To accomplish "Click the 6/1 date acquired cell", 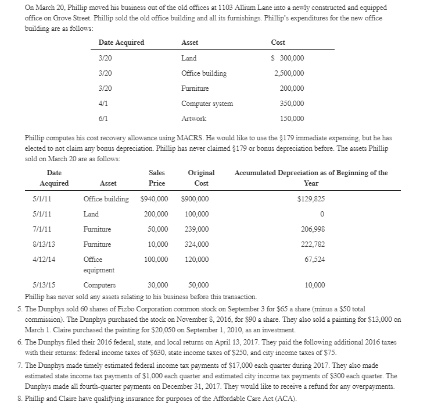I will coord(105,119).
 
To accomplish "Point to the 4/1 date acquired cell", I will coord(105,104).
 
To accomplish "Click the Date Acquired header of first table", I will coord(121,42).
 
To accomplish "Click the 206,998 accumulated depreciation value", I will coord(314,229).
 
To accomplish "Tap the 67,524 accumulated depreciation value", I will coord(315,260).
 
